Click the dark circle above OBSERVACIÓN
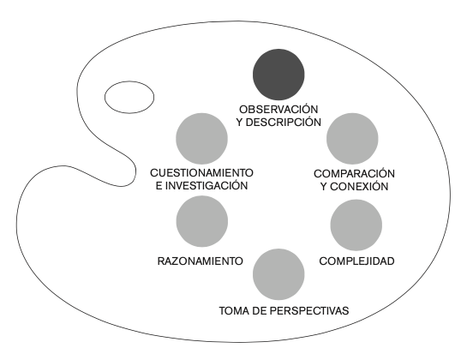click(278, 75)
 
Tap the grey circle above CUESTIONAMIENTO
click(202, 139)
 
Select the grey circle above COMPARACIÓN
click(352, 139)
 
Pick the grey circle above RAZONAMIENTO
click(202, 221)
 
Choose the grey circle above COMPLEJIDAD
click(356, 225)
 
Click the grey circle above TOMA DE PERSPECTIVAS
click(278, 274)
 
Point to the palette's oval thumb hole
click(129, 97)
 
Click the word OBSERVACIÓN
click(278, 109)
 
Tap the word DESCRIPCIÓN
click(284, 123)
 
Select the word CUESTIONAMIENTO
click(201, 173)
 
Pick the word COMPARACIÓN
click(354, 173)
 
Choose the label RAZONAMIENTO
click(200, 261)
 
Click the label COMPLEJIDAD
click(356, 261)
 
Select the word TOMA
click(232, 310)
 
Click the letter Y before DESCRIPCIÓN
click(240, 123)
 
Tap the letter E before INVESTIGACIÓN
click(159, 186)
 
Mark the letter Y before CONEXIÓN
click(324, 187)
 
